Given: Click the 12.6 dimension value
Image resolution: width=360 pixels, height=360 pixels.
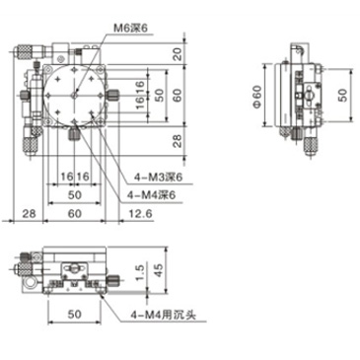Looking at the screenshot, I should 142,213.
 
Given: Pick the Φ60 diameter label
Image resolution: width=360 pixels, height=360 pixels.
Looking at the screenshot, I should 257,97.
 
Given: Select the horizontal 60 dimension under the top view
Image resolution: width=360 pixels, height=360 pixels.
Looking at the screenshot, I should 74,213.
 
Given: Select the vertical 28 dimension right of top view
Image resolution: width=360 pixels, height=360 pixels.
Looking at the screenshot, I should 178,140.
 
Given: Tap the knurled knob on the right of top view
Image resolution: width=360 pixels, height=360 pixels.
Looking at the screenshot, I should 117,97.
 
